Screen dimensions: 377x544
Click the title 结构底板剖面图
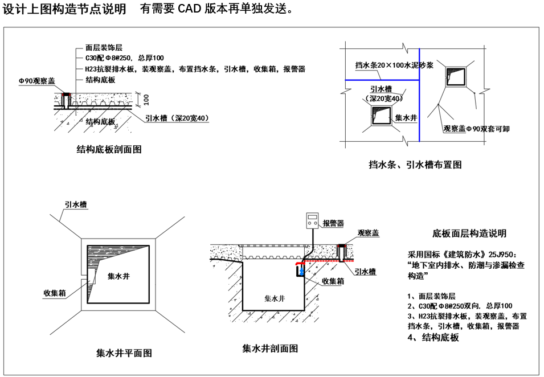point(109,150)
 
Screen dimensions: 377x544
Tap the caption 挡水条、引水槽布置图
point(415,165)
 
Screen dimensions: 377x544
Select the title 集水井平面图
point(124,353)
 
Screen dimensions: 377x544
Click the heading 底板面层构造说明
point(469,233)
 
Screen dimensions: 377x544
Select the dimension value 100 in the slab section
point(146,100)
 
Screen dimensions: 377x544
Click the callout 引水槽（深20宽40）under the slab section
point(177,118)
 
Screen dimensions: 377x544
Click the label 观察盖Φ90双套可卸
point(476,129)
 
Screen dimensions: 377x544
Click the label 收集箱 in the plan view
point(55,293)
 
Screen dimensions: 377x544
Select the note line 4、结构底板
point(433,338)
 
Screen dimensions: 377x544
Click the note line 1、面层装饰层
point(431,296)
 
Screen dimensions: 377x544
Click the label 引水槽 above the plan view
point(76,204)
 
